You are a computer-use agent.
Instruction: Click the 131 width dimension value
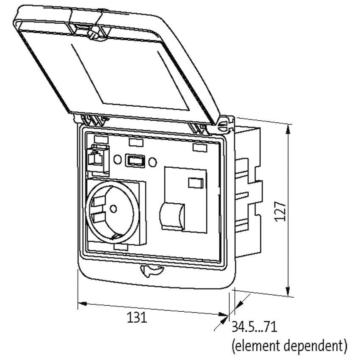pos(137,318)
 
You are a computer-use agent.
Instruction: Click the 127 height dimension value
pos(280,212)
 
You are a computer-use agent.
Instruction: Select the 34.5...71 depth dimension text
pos(255,327)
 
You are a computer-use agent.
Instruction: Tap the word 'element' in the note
pos(257,346)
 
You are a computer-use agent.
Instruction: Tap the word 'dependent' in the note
pos(316,346)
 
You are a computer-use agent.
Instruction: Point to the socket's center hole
pos(113,209)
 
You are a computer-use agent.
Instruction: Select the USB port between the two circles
pos(135,161)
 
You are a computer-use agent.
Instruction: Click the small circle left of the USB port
pos(118,159)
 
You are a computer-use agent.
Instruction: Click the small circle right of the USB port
pos(152,162)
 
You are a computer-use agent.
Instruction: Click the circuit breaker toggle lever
pos(172,215)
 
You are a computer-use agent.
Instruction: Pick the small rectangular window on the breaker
pos(196,183)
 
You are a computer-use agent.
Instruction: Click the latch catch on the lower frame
pos(151,271)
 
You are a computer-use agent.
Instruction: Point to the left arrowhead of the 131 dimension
pos(83,304)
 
